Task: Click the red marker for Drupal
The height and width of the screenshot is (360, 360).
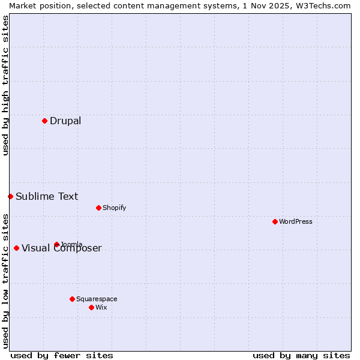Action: [x=44, y=121]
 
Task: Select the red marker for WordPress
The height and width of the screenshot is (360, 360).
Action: [x=275, y=221]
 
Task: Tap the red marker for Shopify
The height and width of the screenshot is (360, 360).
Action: [x=98, y=208]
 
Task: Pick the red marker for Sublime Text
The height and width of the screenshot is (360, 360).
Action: [x=10, y=196]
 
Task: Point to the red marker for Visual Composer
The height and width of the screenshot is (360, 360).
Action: [x=16, y=248]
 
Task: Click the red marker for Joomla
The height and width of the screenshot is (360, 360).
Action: [x=56, y=244]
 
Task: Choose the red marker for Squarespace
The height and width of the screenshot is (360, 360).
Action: [x=72, y=299]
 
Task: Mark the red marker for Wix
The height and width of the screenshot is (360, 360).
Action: [x=91, y=307]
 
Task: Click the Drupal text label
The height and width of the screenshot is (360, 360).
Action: [x=65, y=121]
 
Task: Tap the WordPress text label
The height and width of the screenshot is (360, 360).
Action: [x=296, y=221]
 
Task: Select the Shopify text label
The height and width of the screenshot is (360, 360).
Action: [x=114, y=208]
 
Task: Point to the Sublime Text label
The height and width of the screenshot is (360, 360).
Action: [x=47, y=196]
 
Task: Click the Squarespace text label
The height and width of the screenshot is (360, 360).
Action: [x=97, y=299]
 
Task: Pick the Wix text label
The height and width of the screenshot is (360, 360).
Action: [x=101, y=307]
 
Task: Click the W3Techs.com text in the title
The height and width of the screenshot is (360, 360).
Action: [x=320, y=5]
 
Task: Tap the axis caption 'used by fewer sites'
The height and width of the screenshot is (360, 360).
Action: [x=62, y=355]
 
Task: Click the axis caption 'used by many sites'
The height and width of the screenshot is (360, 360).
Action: [x=301, y=355]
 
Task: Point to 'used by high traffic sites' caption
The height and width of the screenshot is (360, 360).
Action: [x=5, y=85]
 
